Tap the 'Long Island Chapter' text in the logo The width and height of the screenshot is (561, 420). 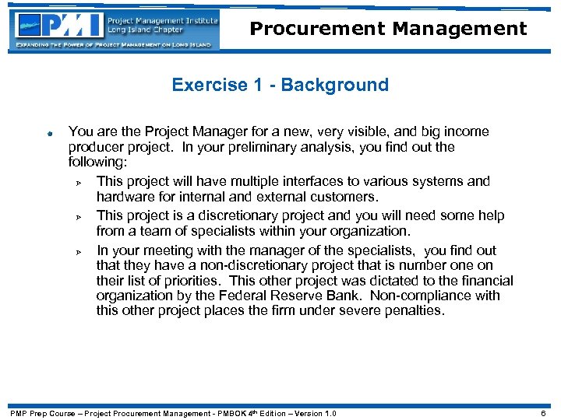[145, 30]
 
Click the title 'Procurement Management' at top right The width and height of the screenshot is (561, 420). [388, 30]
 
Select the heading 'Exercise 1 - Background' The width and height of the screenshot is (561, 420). [280, 85]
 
